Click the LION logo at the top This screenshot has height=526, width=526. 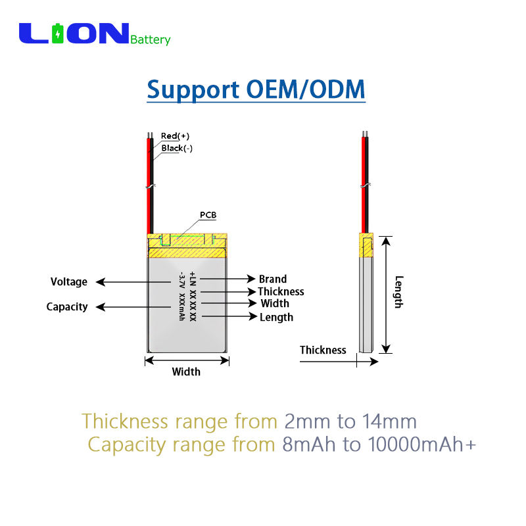[x=74, y=34]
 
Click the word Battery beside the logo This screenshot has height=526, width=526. [x=151, y=39]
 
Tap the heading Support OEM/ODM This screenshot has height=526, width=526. [x=256, y=89]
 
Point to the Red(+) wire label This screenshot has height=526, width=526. [x=175, y=136]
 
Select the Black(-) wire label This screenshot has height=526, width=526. [x=177, y=148]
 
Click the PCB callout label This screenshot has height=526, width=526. [x=208, y=215]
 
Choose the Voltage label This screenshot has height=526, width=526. [x=69, y=282]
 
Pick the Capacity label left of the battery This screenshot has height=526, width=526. [x=67, y=307]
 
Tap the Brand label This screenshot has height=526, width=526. [x=273, y=279]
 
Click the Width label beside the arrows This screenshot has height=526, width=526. [x=275, y=304]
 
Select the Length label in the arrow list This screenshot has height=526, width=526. [x=276, y=317]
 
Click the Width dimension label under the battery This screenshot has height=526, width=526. [x=186, y=372]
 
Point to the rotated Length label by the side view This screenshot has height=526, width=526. [x=398, y=291]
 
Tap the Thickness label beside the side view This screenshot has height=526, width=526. [x=323, y=350]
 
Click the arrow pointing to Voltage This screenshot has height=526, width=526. [x=131, y=282]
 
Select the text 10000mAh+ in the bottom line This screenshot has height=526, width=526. [x=421, y=445]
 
